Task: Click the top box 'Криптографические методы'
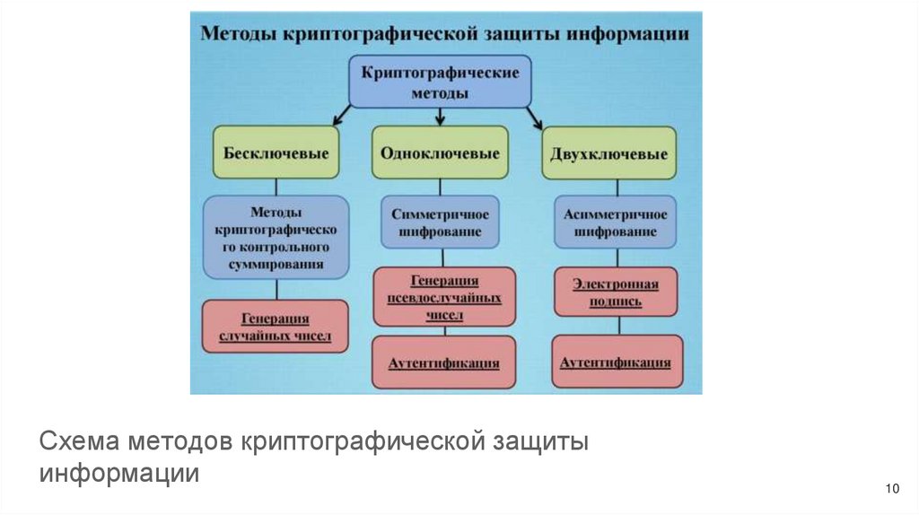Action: pyautogui.click(x=440, y=82)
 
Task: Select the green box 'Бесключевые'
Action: pyautogui.click(x=263, y=153)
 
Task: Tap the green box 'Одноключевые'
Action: pyautogui.click(x=440, y=153)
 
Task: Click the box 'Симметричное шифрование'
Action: pyautogui.click(x=440, y=223)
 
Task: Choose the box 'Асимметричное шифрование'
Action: pyautogui.click(x=616, y=223)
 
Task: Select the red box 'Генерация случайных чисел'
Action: pyautogui.click(x=275, y=327)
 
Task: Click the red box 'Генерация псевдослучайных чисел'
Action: pyautogui.click(x=444, y=297)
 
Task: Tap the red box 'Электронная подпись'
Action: pyautogui.click(x=616, y=292)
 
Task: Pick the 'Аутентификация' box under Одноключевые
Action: pyautogui.click(x=444, y=362)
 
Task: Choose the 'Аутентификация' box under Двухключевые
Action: pyautogui.click(x=616, y=362)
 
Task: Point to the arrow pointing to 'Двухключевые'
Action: pyautogui.click(x=535, y=117)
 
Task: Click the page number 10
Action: pyautogui.click(x=891, y=488)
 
